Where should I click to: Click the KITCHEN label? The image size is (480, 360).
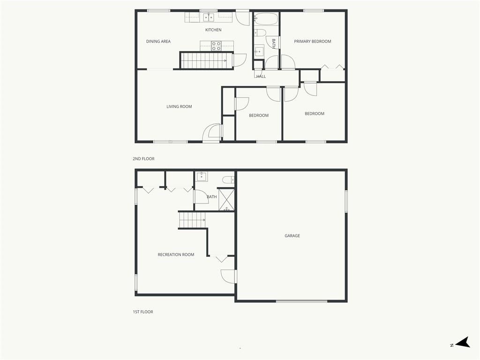[213, 30]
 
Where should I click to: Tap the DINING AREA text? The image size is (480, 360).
[158, 41]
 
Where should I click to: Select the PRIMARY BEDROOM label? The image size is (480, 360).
[312, 41]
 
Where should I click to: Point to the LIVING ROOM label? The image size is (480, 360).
[179, 106]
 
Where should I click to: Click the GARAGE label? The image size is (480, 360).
[292, 236]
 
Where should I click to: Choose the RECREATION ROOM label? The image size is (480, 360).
[176, 255]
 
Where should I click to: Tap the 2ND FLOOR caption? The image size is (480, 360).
[143, 158]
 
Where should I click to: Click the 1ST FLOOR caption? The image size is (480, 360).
[142, 312]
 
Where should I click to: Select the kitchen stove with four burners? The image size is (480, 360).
[216, 46]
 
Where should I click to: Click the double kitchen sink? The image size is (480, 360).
[209, 17]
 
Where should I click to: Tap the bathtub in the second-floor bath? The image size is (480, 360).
[266, 19]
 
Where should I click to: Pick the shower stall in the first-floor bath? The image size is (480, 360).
[226, 200]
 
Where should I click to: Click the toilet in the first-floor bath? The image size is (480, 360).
[228, 180]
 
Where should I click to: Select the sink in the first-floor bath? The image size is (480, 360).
[202, 177]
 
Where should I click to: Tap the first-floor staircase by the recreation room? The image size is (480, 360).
[192, 220]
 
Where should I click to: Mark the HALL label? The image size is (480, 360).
[261, 76]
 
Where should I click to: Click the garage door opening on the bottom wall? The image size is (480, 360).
[301, 301]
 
